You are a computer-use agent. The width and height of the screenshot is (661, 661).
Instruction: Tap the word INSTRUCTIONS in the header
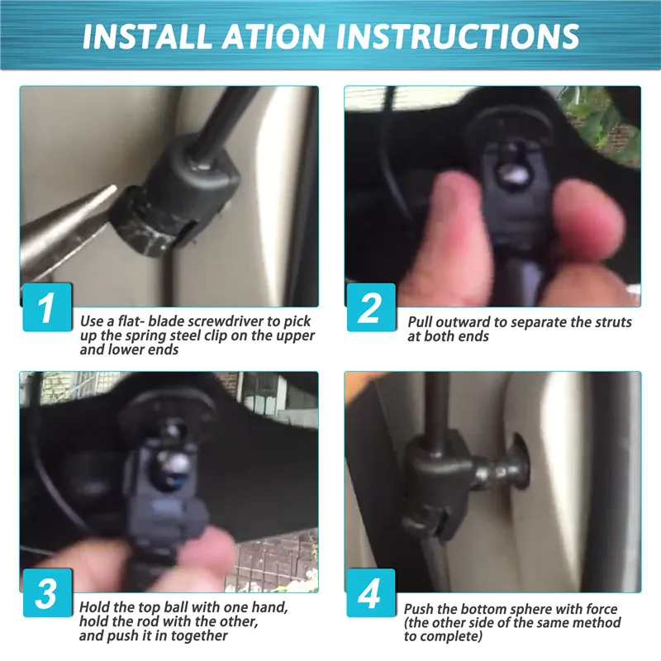pos(458,36)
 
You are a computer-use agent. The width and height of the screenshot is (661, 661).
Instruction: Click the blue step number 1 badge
pos(47,307)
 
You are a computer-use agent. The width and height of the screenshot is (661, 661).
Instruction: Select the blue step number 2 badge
pos(371,307)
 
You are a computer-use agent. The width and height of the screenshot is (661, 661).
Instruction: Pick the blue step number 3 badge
pos(47,592)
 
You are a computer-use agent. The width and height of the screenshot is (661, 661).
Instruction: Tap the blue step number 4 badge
pos(371,592)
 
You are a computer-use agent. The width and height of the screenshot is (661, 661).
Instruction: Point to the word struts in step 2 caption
pos(613,322)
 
